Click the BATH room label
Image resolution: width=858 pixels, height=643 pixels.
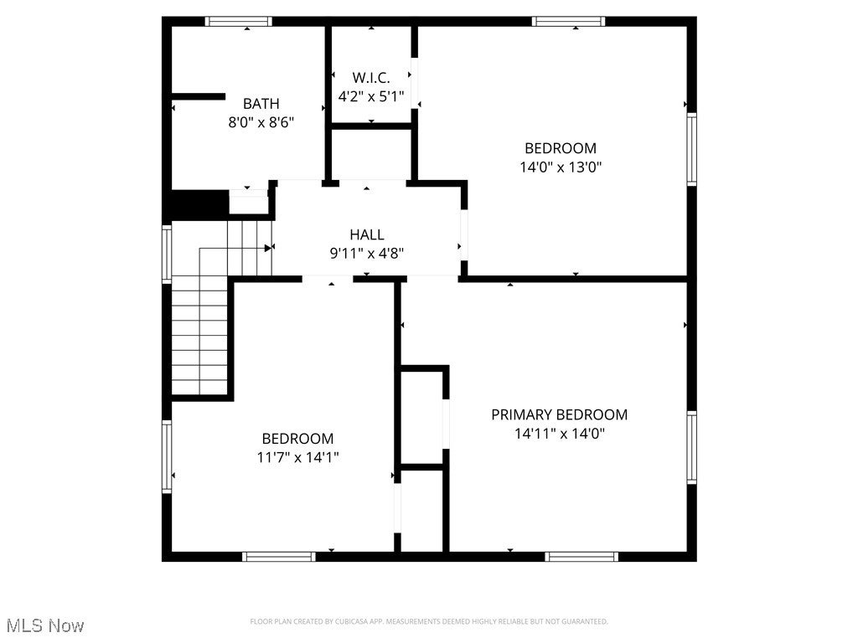[261, 104]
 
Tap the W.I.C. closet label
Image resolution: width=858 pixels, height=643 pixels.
[370, 77]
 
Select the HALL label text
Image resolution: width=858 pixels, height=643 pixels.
[366, 235]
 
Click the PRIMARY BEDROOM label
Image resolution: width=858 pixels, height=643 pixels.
[559, 414]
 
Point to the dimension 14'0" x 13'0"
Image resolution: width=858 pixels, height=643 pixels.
[560, 167]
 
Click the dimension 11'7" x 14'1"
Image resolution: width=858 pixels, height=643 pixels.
[297, 457]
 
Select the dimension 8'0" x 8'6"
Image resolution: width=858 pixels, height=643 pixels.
[261, 122]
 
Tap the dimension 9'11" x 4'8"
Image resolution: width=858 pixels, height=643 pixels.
[366, 253]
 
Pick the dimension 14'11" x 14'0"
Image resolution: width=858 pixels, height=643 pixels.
[559, 433]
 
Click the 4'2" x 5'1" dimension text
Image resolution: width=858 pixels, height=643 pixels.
[370, 96]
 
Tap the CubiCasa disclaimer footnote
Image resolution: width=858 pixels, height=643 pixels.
[428, 621]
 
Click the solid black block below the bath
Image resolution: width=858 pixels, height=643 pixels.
[199, 204]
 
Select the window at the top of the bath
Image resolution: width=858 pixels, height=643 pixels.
[239, 22]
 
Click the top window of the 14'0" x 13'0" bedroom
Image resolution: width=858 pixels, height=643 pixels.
[568, 22]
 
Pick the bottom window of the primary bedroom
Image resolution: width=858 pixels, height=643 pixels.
[581, 556]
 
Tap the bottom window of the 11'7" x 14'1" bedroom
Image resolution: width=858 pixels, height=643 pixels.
[279, 556]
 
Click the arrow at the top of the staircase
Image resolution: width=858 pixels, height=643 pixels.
[268, 248]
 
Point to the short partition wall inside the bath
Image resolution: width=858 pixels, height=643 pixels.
[198, 97]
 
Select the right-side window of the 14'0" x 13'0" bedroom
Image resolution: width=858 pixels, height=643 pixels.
[691, 148]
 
